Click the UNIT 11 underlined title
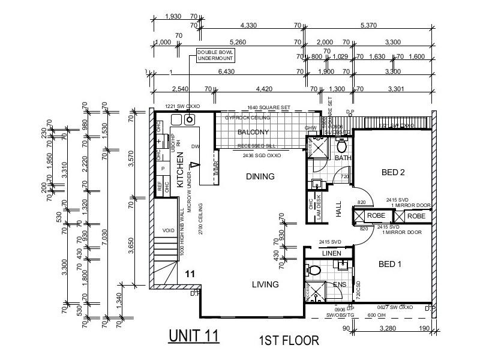(194, 335)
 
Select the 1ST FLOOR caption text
(288, 340)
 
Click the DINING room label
(259, 176)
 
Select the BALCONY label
(252, 132)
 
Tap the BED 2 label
(394, 173)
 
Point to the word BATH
(343, 158)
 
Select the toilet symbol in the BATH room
(341, 146)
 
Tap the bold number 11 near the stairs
(190, 274)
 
